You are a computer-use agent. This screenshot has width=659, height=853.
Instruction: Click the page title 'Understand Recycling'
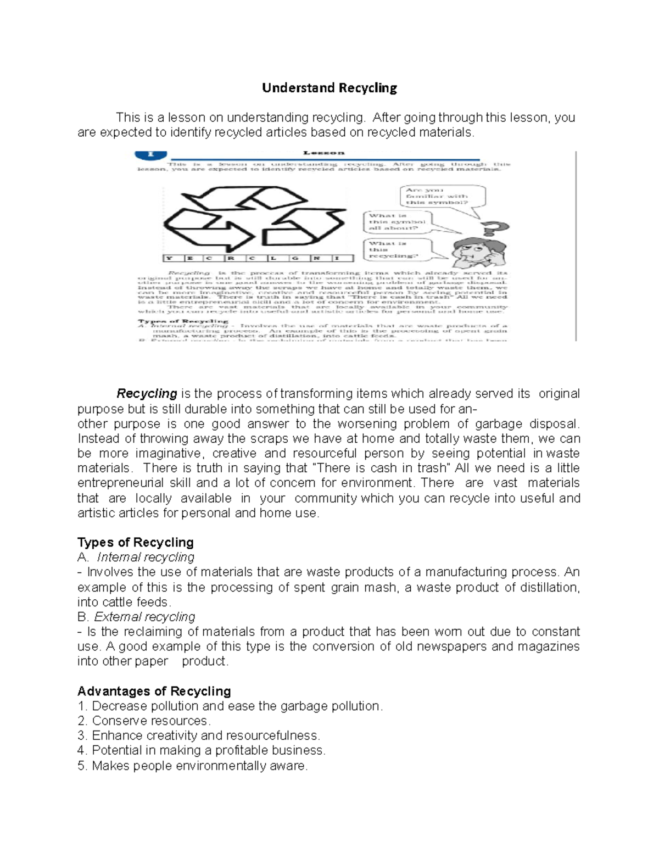click(329, 88)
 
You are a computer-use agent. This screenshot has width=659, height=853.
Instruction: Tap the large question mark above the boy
click(494, 229)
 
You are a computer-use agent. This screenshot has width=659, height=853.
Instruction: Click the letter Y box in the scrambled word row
click(169, 258)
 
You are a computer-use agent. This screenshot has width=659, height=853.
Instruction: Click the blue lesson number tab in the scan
click(150, 155)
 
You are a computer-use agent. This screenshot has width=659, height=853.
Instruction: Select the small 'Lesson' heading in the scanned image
click(323, 153)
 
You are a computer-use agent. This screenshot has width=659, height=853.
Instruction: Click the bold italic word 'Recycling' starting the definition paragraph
click(147, 394)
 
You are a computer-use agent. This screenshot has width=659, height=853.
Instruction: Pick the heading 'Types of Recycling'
click(136, 543)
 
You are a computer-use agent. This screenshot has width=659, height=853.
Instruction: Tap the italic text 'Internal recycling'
click(146, 557)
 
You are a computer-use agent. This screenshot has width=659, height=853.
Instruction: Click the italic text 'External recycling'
click(144, 617)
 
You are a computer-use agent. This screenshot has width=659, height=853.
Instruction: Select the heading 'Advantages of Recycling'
click(154, 691)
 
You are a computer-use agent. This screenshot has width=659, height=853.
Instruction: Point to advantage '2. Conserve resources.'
click(144, 721)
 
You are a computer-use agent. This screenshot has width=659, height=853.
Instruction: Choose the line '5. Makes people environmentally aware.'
click(193, 766)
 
